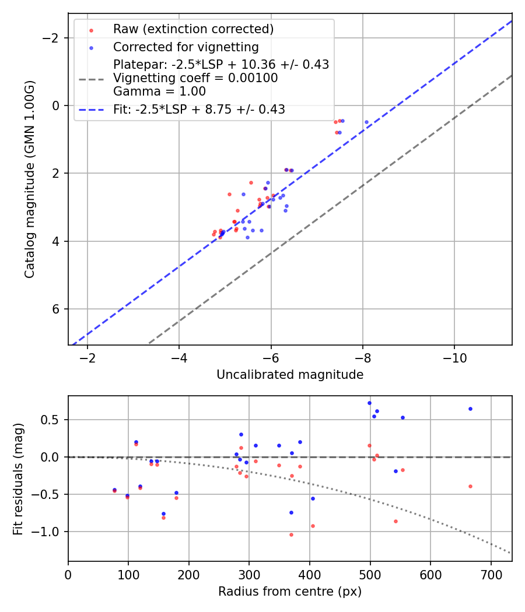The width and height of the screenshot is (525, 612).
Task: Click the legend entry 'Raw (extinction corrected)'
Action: pos(193,29)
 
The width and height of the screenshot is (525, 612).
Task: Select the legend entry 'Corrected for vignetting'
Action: pos(185,47)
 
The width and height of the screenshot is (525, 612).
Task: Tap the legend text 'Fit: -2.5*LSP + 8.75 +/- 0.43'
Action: pos(199,110)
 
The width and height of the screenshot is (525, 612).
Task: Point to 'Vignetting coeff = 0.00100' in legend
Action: pos(195,78)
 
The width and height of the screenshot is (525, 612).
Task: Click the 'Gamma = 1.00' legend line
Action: pos(159,92)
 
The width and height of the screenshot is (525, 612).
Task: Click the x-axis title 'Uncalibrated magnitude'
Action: pos(290,375)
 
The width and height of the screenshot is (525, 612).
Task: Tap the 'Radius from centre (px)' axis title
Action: pos(290,592)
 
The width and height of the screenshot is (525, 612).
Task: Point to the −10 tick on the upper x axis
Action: pos(454,358)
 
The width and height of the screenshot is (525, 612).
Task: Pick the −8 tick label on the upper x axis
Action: pos(363,358)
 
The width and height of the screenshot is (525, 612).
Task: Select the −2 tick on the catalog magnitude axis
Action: pos(54,38)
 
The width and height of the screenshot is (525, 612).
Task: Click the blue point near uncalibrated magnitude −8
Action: pos(366,122)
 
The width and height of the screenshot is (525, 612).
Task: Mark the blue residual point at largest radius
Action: pos(470,409)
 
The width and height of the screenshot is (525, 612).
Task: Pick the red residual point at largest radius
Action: pos(470,486)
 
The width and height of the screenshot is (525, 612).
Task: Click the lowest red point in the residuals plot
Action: pos(291,534)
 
